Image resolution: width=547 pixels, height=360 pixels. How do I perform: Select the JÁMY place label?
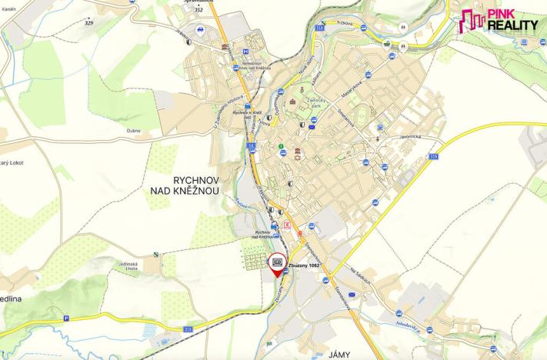(339, 355)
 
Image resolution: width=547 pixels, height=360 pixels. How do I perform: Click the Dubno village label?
(134, 131)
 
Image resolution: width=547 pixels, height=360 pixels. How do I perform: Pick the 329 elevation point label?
(88, 24)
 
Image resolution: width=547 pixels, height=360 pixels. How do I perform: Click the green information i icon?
(282, 146)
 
